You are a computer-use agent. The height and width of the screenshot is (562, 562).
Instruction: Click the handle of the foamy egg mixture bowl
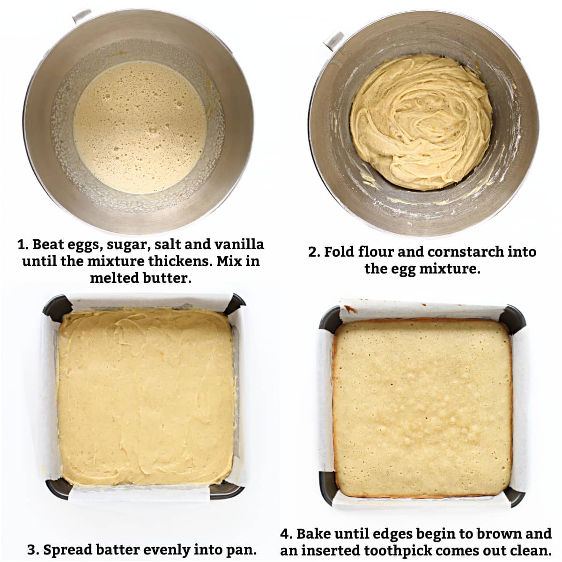click(82, 15)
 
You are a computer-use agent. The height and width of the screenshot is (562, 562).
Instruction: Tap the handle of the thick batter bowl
click(334, 40)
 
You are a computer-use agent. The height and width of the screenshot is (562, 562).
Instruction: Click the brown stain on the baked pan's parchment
click(349, 309)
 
